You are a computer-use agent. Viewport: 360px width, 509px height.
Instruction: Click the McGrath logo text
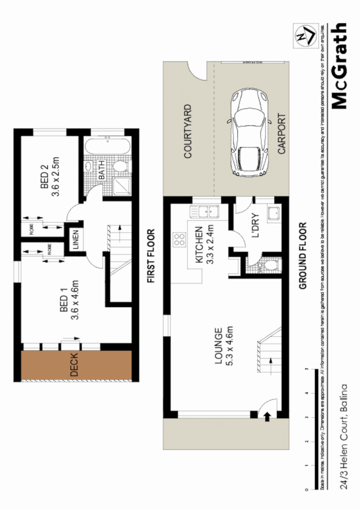point(340,66)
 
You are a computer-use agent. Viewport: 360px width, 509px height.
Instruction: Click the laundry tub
point(274,214)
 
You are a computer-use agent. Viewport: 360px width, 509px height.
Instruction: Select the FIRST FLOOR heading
point(150,256)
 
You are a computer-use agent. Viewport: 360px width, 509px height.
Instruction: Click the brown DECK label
point(74,366)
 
